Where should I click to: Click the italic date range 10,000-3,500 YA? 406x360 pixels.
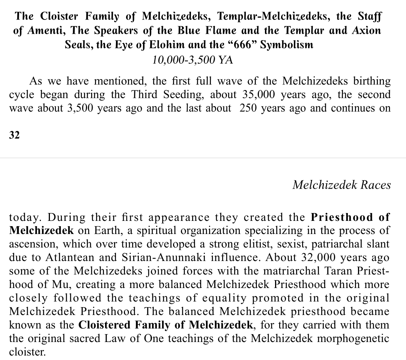pyautogui.click(x=193, y=59)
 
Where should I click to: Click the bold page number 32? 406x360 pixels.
pyautogui.click(x=14, y=135)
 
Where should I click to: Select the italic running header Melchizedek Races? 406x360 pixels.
pyautogui.click(x=341, y=185)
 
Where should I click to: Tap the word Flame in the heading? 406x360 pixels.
pyautogui.click(x=225, y=31)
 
